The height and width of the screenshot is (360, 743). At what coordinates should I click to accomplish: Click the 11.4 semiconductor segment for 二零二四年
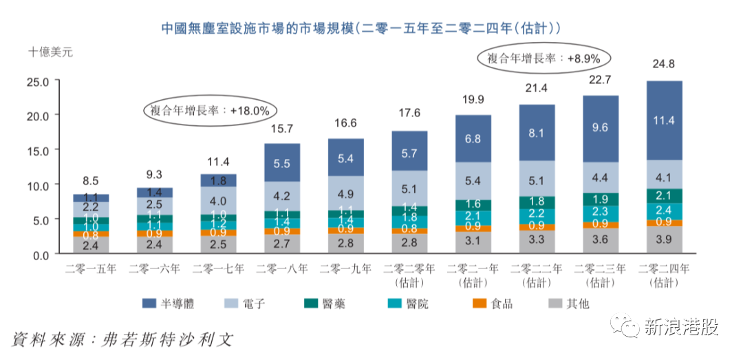(x=664, y=120)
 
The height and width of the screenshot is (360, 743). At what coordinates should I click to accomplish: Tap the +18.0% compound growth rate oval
(x=210, y=109)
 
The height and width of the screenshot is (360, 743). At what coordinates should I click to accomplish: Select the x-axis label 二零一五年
(x=91, y=268)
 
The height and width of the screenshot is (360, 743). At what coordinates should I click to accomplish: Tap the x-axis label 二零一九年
(x=345, y=268)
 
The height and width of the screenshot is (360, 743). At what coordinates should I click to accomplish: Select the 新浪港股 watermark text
(x=681, y=328)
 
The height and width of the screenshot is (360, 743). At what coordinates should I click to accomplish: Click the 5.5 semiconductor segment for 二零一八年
(x=282, y=162)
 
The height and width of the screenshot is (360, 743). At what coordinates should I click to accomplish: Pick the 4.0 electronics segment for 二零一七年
(x=218, y=200)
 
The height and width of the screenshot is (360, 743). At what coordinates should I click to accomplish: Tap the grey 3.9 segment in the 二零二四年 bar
(x=664, y=240)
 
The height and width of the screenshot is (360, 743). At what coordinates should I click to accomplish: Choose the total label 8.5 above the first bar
(x=91, y=181)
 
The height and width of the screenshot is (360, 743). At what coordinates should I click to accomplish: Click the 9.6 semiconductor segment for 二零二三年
(x=601, y=128)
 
